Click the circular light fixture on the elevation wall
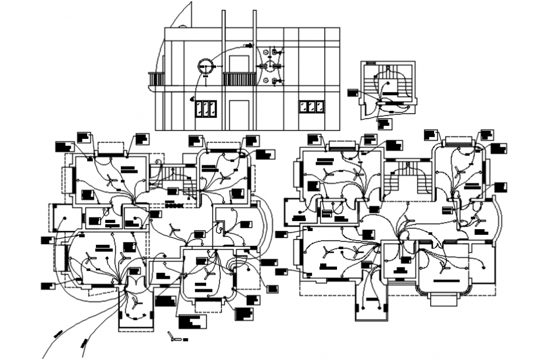tap(205, 66)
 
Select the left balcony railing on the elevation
tap(156, 79)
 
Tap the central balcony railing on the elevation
tap(239, 79)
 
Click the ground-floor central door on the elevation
tap(238, 114)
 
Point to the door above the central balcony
tap(239, 63)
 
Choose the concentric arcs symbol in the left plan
tap(238, 266)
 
